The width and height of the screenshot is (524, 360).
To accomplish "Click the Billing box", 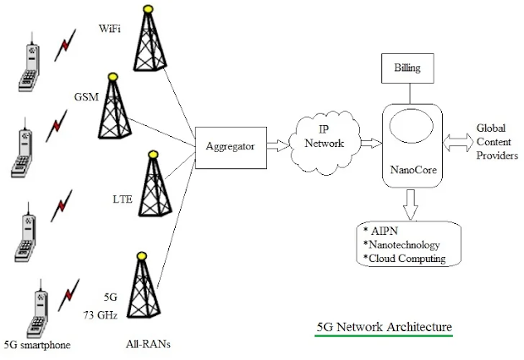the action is [408, 68].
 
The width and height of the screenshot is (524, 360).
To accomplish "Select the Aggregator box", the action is [231, 148].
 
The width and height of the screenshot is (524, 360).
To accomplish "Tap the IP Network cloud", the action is [325, 143].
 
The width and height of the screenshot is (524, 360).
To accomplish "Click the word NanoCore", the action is [414, 170].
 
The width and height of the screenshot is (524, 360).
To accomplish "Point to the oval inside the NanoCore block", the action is [412, 126].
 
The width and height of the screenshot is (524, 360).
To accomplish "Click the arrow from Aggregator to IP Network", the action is [278, 145].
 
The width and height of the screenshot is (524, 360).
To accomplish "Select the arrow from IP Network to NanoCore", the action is [371, 143].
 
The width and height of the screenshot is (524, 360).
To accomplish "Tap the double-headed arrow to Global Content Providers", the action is [458, 143].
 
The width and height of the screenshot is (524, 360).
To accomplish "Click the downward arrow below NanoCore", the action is [410, 205].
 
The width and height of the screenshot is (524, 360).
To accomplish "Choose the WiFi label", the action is [109, 28].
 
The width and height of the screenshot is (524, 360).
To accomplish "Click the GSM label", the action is [86, 97].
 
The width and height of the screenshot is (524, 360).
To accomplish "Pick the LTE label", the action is [123, 199].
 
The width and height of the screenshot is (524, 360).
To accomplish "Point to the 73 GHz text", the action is [100, 315].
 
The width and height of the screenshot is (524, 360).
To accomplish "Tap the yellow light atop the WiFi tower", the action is [148, 8].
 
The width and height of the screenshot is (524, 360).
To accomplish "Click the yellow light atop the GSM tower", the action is [114, 76].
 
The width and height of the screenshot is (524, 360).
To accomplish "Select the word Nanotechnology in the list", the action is [404, 245].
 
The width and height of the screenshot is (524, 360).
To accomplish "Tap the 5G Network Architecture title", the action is [385, 327].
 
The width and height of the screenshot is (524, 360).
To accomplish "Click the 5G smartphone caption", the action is [37, 345].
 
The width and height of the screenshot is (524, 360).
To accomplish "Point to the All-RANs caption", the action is [148, 344].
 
